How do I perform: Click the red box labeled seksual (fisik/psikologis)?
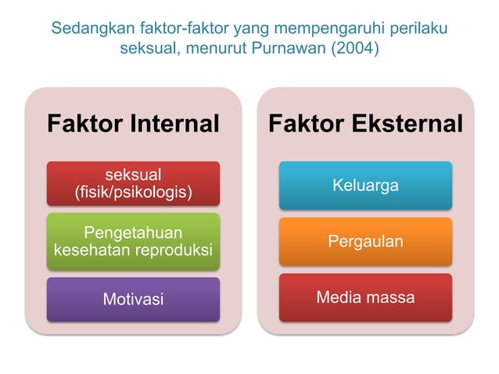coord(133,183)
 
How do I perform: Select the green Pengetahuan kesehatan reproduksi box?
coord(133,242)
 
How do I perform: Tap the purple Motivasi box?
coord(133,299)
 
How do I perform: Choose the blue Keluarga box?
coord(365,185)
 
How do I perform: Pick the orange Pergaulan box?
coord(365,241)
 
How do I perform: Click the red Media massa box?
coord(365,297)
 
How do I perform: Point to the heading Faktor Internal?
coord(133,124)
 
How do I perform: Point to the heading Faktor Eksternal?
coord(365,124)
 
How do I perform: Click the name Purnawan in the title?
coord(286,49)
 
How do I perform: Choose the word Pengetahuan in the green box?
coord(133,232)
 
